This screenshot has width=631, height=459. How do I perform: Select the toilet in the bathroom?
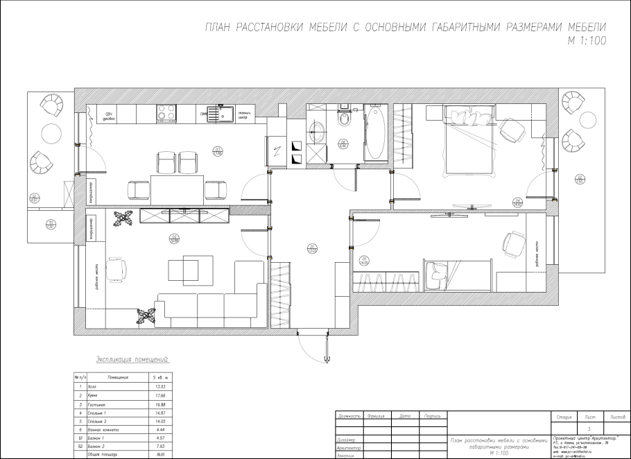(x=342, y=122)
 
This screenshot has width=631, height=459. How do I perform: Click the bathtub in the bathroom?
(x=377, y=131)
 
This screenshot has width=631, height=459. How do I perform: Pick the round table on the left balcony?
(x=51, y=133)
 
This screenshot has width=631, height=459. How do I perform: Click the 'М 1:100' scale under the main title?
(x=587, y=40)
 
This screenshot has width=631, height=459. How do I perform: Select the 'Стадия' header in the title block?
(x=563, y=417)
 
